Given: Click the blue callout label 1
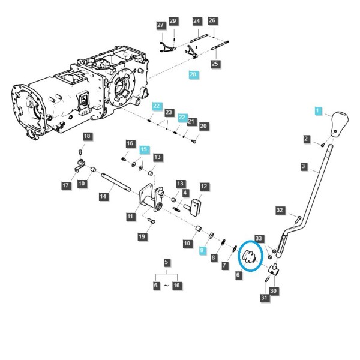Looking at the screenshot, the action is click(318, 110).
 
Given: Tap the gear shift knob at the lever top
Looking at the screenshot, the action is click(340, 124).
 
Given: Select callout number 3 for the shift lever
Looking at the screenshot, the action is click(304, 166).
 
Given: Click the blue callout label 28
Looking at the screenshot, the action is click(193, 74).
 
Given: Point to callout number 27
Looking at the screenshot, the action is click(161, 25).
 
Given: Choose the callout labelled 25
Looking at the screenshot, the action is click(215, 64).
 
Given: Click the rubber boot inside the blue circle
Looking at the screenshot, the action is click(249, 256).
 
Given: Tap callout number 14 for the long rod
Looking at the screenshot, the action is click(103, 196).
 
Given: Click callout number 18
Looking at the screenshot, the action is click(87, 136).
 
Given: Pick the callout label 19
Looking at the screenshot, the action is click(142, 236).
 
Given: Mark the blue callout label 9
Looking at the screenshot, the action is click(202, 250).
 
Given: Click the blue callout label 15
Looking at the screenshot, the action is click(144, 149).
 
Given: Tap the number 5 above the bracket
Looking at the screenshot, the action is click(166, 262).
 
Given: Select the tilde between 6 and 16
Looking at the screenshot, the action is click(166, 286).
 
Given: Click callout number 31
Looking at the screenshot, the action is click(264, 298).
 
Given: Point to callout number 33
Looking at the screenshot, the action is click(259, 238).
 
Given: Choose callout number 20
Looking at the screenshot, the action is click(203, 126).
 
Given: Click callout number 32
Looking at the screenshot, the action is click(280, 210).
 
